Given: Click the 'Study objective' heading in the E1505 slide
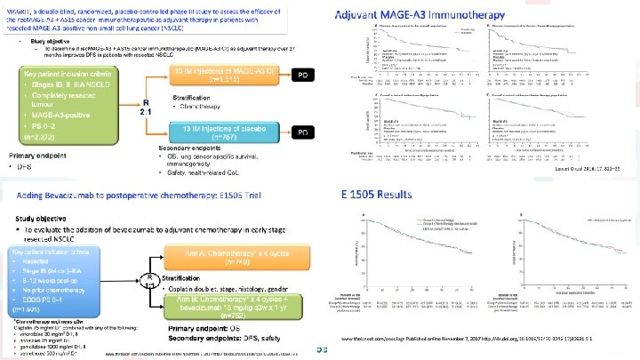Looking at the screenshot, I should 45,212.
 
